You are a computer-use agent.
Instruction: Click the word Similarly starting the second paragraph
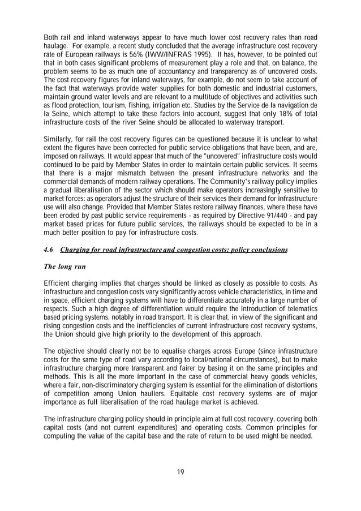[x=59, y=139]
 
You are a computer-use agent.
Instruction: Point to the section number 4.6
[x=50, y=250]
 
